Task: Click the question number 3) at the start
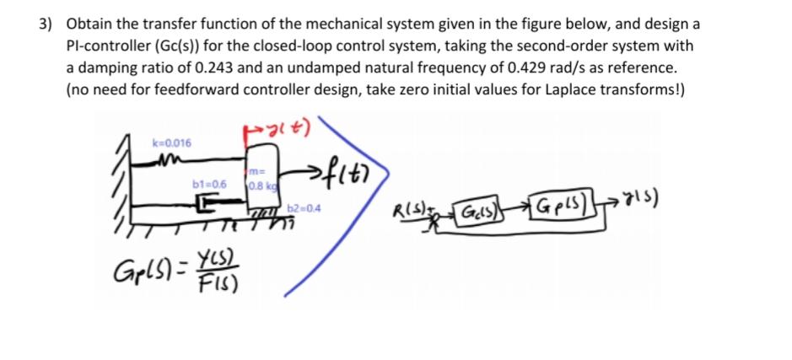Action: click(48, 24)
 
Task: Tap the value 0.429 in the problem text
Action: click(503, 67)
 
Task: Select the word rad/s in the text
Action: click(545, 67)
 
